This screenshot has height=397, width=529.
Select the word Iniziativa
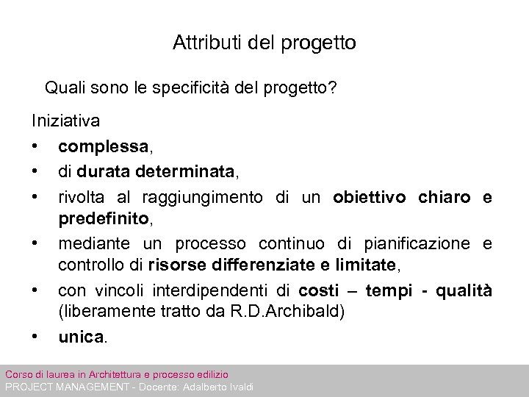coord(66,119)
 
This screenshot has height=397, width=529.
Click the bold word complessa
coord(103,146)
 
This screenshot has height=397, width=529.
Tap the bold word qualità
coord(464,290)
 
